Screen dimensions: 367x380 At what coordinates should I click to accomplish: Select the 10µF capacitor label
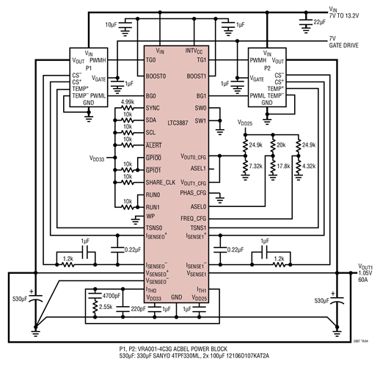point(111,25)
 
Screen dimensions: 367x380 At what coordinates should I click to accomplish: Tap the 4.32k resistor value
point(310,167)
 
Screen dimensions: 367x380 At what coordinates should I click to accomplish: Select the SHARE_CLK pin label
point(161,182)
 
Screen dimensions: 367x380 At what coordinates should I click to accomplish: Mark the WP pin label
point(150,218)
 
